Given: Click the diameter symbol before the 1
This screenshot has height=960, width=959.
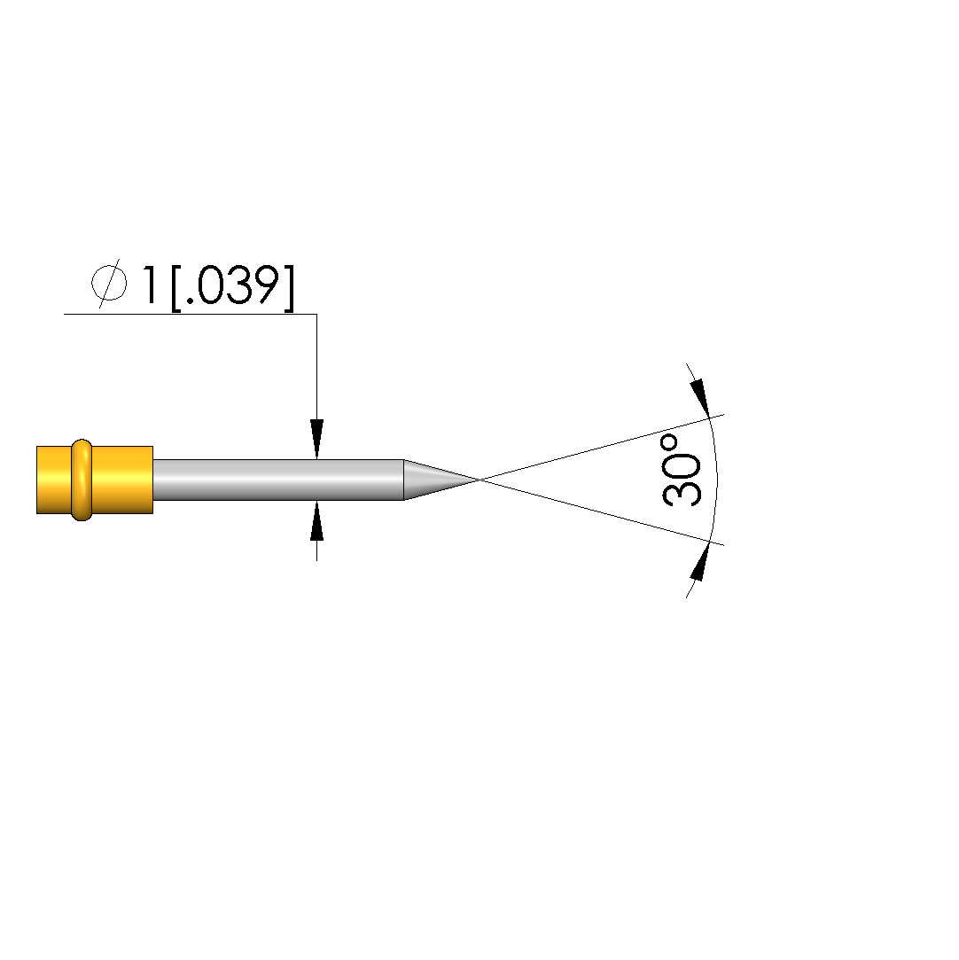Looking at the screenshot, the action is tap(109, 285).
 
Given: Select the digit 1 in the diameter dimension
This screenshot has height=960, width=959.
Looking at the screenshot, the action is tap(148, 285).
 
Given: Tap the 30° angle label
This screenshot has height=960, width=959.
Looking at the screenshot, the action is tap(682, 470).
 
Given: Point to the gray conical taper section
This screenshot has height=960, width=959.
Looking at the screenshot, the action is tap(438, 480).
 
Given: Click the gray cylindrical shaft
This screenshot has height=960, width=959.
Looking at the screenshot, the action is tap(277, 480).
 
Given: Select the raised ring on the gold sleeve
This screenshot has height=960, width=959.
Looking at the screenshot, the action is tap(82, 480).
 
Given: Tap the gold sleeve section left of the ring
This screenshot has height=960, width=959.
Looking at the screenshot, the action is tap(54, 480).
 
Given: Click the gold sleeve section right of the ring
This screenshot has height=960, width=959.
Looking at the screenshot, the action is tap(122, 480).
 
